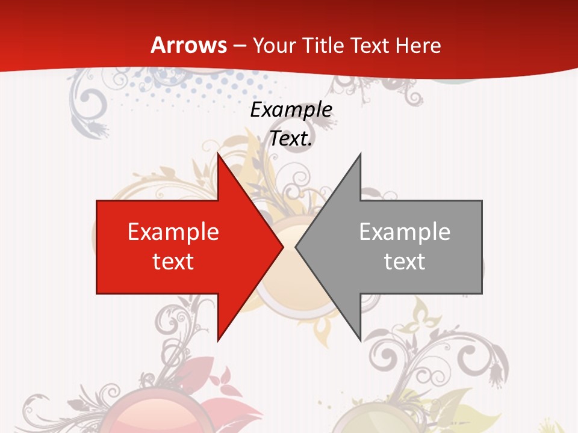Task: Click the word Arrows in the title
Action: [189, 45]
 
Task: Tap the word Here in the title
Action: [418, 45]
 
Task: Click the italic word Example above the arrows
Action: [291, 109]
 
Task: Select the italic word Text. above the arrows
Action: [291, 139]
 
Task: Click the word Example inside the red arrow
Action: [173, 232]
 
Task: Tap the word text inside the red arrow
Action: [173, 261]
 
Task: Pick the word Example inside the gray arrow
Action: [405, 232]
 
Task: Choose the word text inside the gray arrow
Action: [405, 261]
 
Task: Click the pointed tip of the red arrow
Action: [283, 247]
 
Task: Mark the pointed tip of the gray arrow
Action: [296, 247]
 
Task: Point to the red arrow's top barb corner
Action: [218, 154]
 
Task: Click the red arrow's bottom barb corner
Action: [218, 340]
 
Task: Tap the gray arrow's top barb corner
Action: [360, 154]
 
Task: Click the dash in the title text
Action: [240, 46]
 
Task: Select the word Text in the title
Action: [370, 45]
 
